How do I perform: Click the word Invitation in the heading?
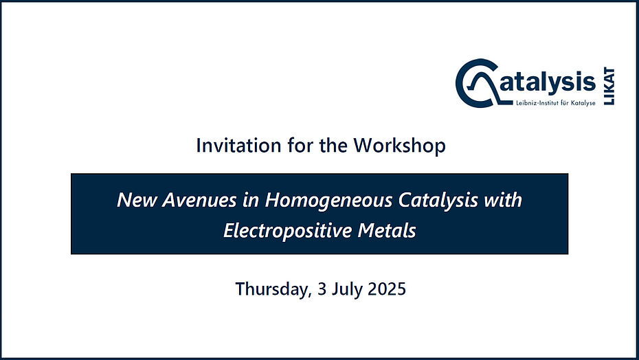(x=238, y=145)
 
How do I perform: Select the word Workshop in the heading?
(x=399, y=146)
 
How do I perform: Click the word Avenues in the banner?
(x=199, y=200)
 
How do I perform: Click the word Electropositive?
(x=287, y=231)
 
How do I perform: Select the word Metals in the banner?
(x=387, y=231)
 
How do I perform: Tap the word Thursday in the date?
(x=273, y=289)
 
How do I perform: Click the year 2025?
(x=387, y=289)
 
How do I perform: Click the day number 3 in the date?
(x=322, y=289)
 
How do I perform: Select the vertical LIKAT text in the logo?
(x=609, y=86)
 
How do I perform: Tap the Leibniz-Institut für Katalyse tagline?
(x=555, y=103)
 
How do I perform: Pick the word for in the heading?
(x=300, y=145)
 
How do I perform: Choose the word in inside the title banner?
(x=251, y=200)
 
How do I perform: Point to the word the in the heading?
(x=333, y=145)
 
